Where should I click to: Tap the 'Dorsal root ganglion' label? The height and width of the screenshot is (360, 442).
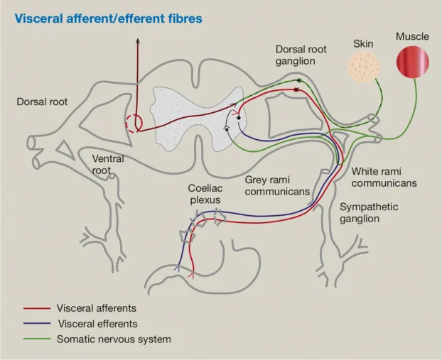pyautogui.click(x=305, y=55)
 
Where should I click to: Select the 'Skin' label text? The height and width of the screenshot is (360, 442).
pyautogui.click(x=363, y=44)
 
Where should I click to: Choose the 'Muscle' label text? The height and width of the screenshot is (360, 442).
pyautogui.click(x=412, y=36)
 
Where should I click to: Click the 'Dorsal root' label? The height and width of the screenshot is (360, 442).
pyautogui.click(x=42, y=102)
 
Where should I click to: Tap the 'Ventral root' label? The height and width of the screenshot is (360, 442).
pyautogui.click(x=108, y=165)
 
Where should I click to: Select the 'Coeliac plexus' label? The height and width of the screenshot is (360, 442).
pyautogui.click(x=204, y=195)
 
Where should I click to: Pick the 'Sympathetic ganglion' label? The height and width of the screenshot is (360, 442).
pyautogui.click(x=369, y=212)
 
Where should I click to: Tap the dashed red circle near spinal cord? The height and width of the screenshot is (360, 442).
pyautogui.click(x=134, y=123)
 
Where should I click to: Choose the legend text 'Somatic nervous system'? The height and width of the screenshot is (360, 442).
pyautogui.click(x=114, y=339)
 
